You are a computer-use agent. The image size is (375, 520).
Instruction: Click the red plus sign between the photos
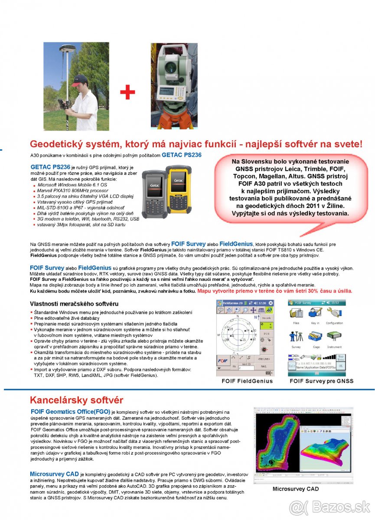coord(127,92)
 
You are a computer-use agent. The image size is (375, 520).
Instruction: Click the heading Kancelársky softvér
coord(76,400)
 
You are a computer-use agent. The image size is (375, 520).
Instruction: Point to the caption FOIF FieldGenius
coord(247,381)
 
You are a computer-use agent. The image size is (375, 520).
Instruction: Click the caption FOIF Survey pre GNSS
coord(321,381)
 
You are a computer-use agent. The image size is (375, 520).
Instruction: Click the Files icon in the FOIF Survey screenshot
coord(296,314)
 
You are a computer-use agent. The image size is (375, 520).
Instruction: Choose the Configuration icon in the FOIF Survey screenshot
coord(334,314)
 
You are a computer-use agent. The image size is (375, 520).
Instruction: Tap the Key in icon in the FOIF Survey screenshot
coord(315,314)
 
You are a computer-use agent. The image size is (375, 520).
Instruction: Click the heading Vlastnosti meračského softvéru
coord(74,303)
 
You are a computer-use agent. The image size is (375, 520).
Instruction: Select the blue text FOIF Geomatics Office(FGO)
coord(70,411)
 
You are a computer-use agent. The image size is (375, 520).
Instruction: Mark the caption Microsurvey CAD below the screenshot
coord(295,489)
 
